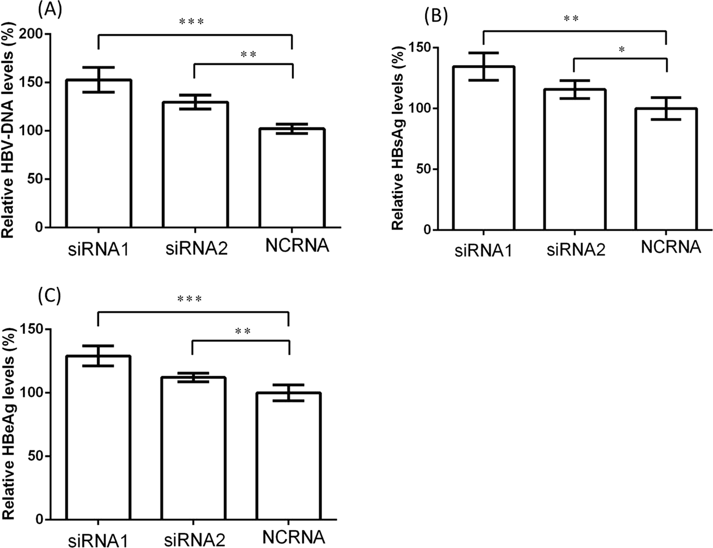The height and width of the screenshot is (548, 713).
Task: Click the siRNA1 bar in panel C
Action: click(98, 438)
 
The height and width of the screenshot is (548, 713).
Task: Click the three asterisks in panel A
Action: click(191, 21)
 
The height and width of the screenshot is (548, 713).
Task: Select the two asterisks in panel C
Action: click(243, 332)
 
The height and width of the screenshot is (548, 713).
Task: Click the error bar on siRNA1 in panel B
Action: click(483, 66)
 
